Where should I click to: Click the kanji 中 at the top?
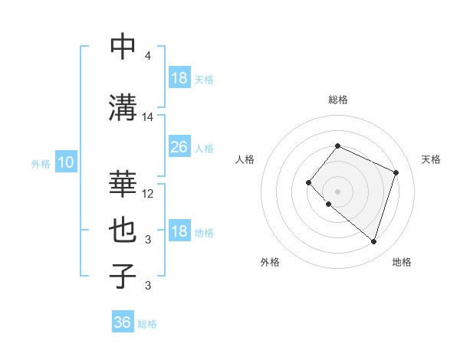[123, 47]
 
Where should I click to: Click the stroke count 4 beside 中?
[147, 56]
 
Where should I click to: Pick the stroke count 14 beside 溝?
[148, 117]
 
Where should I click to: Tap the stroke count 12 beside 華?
[148, 194]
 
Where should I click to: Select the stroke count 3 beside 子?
[147, 286]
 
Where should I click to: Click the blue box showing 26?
[179, 146]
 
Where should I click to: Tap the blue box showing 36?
[122, 322]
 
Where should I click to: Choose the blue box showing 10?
[65, 162]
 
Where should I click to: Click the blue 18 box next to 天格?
[179, 78]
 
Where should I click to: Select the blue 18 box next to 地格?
[179, 232]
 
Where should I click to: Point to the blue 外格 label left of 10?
[41, 163]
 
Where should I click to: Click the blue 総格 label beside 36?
[147, 324]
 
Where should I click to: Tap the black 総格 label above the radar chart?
[337, 100]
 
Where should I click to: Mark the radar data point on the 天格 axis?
[396, 172]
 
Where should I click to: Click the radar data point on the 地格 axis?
[373, 242]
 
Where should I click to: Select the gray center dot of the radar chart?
[337, 191]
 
